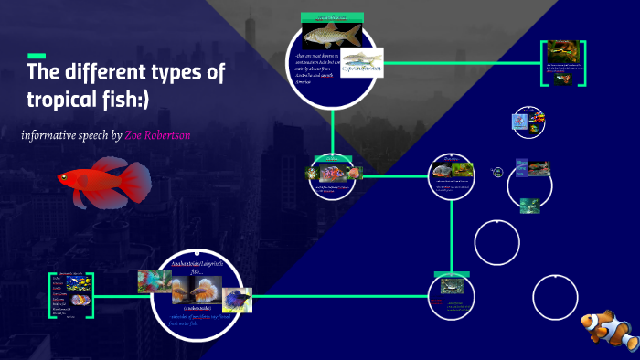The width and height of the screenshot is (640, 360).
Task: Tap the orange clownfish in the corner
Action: pos(608,331)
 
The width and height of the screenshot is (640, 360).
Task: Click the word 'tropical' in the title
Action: pos(66,98)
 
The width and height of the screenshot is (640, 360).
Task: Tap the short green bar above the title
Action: pos(37,56)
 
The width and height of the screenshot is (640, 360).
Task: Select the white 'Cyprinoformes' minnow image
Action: pos(361,68)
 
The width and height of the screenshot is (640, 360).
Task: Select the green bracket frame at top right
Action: pos(563,63)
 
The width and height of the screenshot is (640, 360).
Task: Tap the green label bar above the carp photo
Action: pos(333,16)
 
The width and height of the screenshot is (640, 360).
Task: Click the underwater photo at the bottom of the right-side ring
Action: pos(530,206)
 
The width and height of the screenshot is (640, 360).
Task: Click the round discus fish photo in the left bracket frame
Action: pos(79,299)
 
